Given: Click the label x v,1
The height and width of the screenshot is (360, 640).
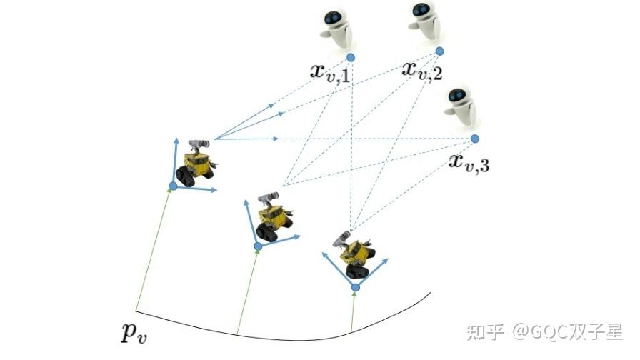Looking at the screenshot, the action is (x=329, y=71).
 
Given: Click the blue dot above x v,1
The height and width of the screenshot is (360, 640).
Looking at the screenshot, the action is (x=351, y=57).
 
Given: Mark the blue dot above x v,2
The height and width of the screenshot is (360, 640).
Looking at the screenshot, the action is (x=439, y=51).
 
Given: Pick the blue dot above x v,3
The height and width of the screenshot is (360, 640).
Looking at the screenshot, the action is (x=475, y=138).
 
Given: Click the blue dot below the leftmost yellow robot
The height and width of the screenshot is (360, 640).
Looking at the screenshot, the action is (x=172, y=186).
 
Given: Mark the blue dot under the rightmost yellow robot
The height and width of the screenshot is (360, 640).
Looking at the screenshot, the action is (x=355, y=287).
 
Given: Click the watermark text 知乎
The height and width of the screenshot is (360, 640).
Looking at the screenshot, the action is (x=484, y=331).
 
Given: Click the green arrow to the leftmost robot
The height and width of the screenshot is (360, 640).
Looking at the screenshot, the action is (x=154, y=250).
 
